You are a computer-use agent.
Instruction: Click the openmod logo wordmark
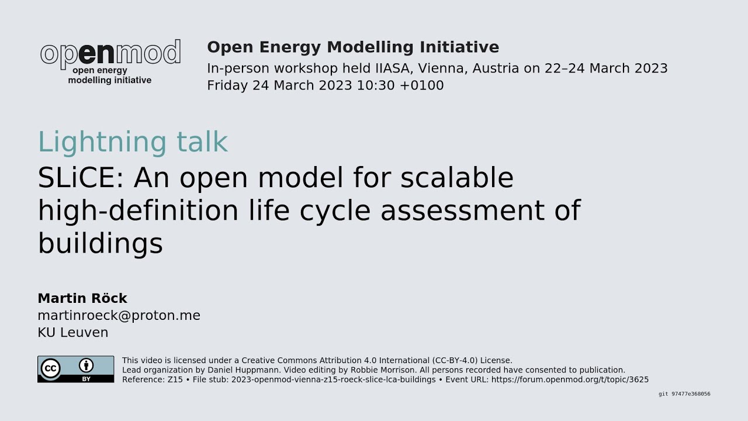(110, 54)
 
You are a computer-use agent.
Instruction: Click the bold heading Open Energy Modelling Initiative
(352, 47)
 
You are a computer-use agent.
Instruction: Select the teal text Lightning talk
(133, 142)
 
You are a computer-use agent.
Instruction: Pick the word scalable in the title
(456, 178)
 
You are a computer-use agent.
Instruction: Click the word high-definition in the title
(138, 211)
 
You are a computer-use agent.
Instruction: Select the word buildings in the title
(100, 244)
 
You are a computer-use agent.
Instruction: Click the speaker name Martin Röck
(82, 298)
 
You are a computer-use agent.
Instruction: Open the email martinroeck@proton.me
(119, 316)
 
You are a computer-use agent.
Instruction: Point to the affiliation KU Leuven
(72, 333)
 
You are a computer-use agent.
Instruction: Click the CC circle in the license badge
(51, 368)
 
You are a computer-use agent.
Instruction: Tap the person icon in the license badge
(86, 366)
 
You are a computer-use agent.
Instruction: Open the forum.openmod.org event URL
(570, 379)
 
